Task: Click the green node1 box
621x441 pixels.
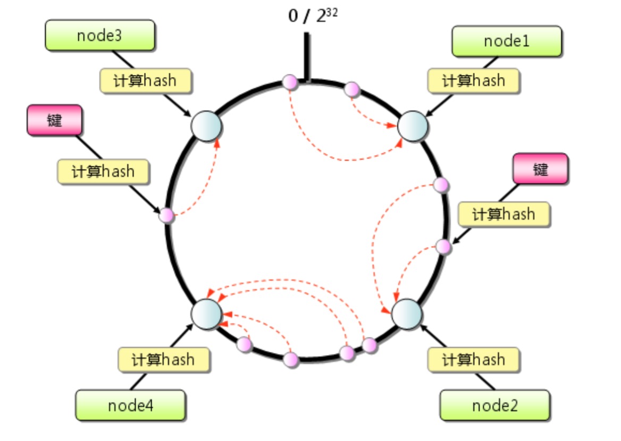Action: pyautogui.click(x=507, y=41)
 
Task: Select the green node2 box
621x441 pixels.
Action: pyautogui.click(x=495, y=406)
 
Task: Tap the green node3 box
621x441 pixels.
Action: pyautogui.click(x=100, y=36)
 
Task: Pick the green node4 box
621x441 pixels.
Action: pyautogui.click(x=130, y=406)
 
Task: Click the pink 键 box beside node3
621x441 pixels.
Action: pyautogui.click(x=54, y=121)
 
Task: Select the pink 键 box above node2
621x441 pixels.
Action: pyautogui.click(x=540, y=169)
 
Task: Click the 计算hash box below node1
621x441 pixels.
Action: pyautogui.click(x=473, y=81)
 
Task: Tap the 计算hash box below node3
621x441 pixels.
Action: pyautogui.click(x=145, y=81)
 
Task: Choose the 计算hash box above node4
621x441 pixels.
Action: pyautogui.click(x=163, y=360)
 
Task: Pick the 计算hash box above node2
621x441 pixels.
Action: pyautogui.click(x=473, y=360)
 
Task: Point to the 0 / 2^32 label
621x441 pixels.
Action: pyautogui.click(x=313, y=16)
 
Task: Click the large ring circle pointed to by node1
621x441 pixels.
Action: pyautogui.click(x=413, y=126)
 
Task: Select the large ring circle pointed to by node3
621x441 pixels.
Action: pyautogui.click(x=206, y=126)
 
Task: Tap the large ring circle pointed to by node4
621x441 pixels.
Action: pyautogui.click(x=206, y=313)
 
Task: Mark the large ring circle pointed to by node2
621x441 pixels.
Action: pyautogui.click(x=407, y=313)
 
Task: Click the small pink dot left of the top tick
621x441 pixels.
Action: pyautogui.click(x=290, y=82)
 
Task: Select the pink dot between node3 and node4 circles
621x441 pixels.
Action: pyautogui.click(x=167, y=215)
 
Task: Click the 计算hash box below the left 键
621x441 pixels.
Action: pyautogui.click(x=103, y=172)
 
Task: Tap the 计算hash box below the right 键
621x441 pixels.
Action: pyautogui.click(x=503, y=214)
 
